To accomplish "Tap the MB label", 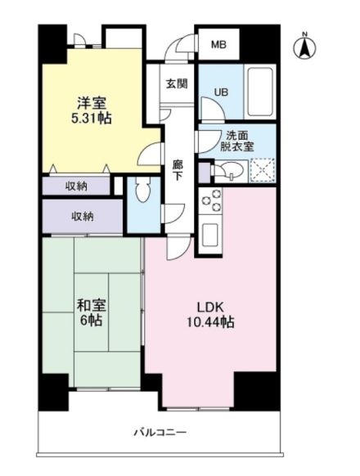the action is coord(218,45).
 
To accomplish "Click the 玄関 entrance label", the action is coord(177,83).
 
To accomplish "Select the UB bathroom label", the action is coord(221,92).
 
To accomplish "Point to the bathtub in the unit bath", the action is coord(259,92).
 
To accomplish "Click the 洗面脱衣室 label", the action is coord(236,141).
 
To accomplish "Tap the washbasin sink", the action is coord(232,170).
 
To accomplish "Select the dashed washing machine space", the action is coord(262,170).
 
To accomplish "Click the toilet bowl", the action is coord(143,191).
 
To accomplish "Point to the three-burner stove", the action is coord(210,200).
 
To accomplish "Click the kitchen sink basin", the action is coord(210,235).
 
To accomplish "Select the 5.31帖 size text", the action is coord(92,118).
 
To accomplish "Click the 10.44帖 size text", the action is coord(210,322).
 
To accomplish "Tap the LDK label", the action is coord(210,308).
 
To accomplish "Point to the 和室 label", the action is coord(91,305).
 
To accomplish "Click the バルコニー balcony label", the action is coord(160,431).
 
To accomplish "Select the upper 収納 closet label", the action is coord(77,186).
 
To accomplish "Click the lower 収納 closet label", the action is coord(83,216).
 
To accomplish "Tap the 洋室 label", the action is coord(92,103).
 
